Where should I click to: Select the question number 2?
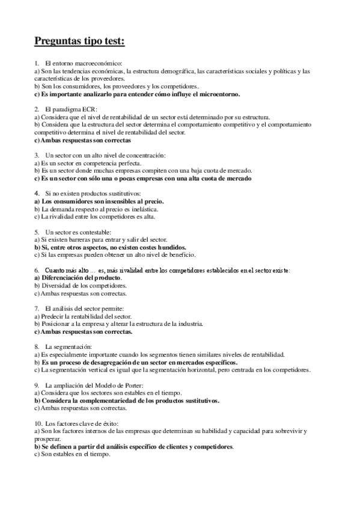pyautogui.click(x=37, y=109)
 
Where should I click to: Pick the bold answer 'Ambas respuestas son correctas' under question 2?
pyautogui.click(x=82, y=140)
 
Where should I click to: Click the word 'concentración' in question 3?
pyautogui.click(x=130, y=155)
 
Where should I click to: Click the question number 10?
pyautogui.click(x=37, y=424)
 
